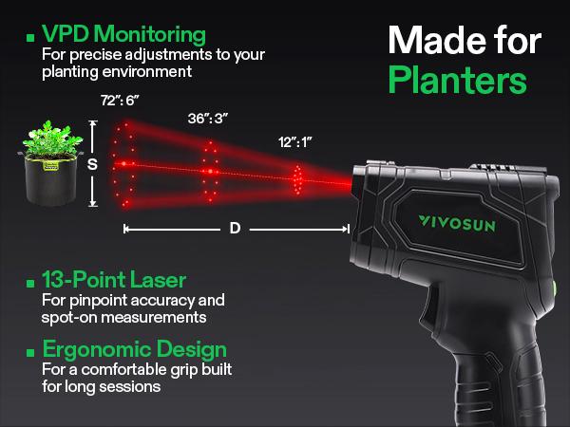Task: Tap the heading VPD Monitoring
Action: (x=123, y=35)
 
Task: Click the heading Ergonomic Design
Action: (x=134, y=348)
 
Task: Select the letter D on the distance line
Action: (x=235, y=229)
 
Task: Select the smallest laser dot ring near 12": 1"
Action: (x=298, y=176)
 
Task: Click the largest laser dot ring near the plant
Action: (x=123, y=163)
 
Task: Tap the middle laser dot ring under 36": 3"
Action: (x=210, y=169)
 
